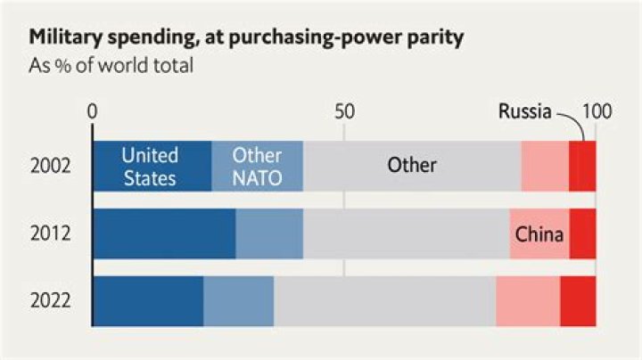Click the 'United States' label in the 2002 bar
click(x=150, y=166)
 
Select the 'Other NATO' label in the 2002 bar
click(x=257, y=166)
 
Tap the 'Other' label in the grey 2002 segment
click(x=411, y=166)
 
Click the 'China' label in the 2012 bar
click(x=539, y=235)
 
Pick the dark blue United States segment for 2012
click(x=164, y=234)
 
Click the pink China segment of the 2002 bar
click(x=545, y=166)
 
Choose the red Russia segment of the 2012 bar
click(x=582, y=234)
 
